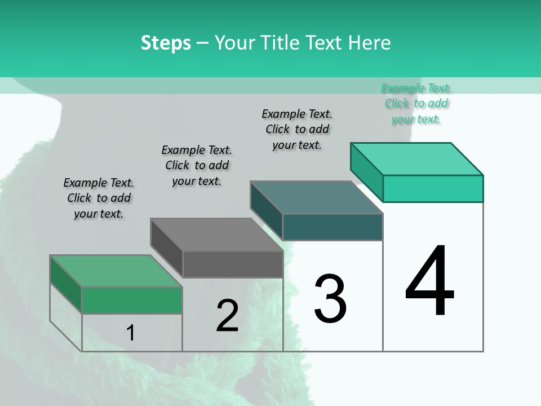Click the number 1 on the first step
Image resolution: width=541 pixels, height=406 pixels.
click(131, 333)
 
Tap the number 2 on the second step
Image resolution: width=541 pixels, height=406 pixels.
click(227, 316)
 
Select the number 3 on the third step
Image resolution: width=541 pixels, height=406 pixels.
click(330, 298)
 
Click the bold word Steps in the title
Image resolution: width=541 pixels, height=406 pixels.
click(166, 43)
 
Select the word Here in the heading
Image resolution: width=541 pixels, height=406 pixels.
click(370, 43)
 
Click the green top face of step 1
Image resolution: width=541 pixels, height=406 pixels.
click(116, 271)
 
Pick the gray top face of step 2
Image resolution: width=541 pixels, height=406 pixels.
click(216, 235)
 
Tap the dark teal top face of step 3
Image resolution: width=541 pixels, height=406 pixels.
click(317, 197)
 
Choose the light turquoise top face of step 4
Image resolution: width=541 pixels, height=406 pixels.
click(417, 159)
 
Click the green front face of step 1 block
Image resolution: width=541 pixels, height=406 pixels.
click(132, 300)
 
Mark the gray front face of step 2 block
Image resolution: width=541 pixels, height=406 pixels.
click(233, 264)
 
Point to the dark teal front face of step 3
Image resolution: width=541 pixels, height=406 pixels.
click(332, 227)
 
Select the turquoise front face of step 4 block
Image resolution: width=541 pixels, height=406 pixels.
click(433, 188)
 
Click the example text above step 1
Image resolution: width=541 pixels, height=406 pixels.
click(99, 198)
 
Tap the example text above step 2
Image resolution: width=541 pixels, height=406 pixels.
click(197, 165)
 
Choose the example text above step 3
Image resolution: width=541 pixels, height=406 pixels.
click(297, 129)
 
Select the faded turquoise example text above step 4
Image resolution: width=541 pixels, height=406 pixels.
click(416, 103)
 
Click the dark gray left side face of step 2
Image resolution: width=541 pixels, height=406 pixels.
click(166, 247)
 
